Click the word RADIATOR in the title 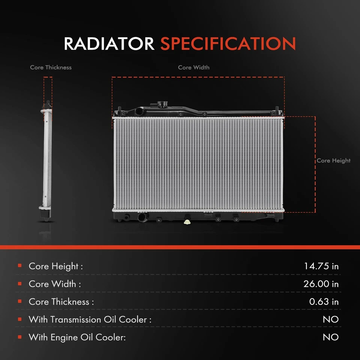point(109,43)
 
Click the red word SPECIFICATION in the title point(228,43)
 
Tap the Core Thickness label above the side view point(51,67)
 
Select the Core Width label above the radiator point(193,67)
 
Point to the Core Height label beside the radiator point(334,160)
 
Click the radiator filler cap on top point(162,104)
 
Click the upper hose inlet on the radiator point(139,111)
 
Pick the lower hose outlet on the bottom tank point(142,217)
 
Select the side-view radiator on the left point(46,161)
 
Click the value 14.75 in point(321,266)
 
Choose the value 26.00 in point(321,284)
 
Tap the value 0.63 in point(324,301)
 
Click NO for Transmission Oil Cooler point(331,319)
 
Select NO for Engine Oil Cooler point(331,337)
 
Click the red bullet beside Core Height point(20,265)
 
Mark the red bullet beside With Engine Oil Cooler point(20,337)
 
